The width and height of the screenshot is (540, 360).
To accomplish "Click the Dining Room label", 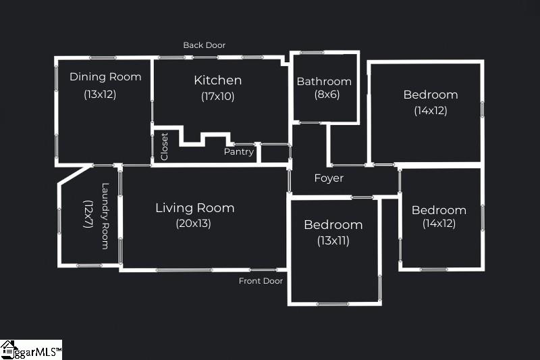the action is [x=105, y=77].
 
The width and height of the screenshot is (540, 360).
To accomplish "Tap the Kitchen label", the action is [x=217, y=80].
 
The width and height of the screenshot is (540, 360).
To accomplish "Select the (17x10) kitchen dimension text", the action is [x=217, y=96].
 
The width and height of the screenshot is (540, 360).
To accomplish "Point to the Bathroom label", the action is [x=324, y=81].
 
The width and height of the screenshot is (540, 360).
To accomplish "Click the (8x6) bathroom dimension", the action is [x=327, y=95].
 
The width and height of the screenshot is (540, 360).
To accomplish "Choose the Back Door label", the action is [x=205, y=45].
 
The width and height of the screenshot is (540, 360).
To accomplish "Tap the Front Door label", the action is [x=261, y=281].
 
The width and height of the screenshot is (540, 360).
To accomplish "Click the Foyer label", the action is [x=329, y=178].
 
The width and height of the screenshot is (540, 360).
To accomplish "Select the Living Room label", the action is [x=195, y=208].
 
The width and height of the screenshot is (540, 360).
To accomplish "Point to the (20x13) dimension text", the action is [x=193, y=224].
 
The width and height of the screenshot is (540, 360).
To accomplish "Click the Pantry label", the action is [x=239, y=152].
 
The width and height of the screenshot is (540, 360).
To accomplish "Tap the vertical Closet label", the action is [x=164, y=147].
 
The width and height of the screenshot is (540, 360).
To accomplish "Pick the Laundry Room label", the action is [x=105, y=216].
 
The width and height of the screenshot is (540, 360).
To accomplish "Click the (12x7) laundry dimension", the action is [x=88, y=214].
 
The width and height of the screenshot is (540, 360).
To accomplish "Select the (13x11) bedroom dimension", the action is [x=333, y=240].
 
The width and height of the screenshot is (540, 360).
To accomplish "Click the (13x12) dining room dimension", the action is [x=100, y=94].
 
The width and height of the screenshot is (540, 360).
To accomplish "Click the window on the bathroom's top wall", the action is [x=312, y=53].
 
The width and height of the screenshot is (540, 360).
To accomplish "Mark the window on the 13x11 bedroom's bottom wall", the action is [x=333, y=304].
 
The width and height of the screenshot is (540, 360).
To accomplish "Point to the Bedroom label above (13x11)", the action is [x=333, y=225].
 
